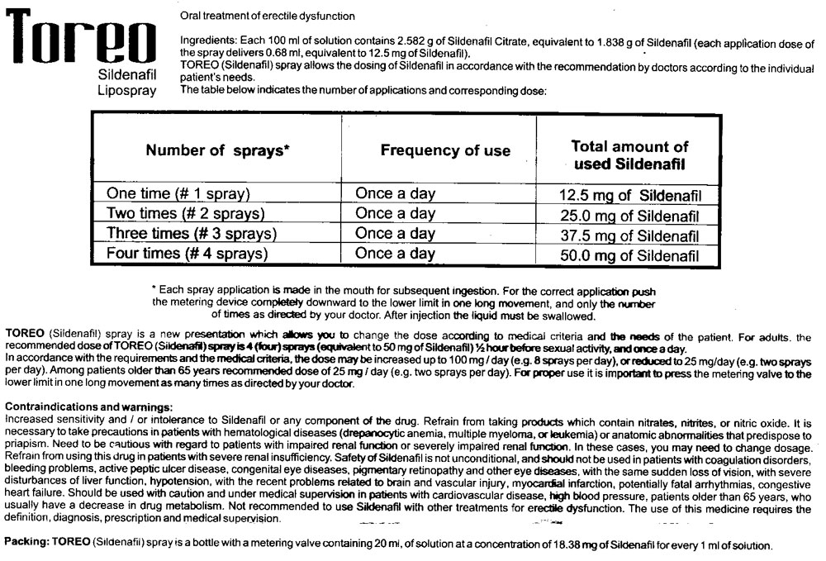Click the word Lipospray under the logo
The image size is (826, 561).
click(126, 90)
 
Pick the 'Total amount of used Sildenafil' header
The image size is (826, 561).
click(630, 155)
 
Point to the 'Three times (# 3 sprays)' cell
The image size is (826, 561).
click(188, 234)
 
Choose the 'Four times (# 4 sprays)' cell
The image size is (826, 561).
click(187, 254)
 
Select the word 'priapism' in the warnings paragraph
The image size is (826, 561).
click(25, 445)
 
